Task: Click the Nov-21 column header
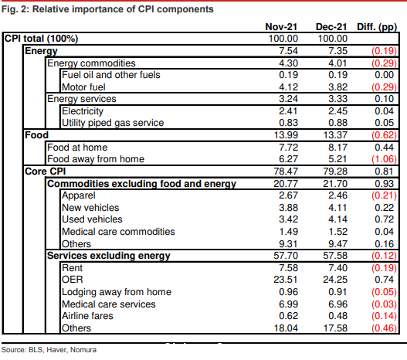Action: point(281,27)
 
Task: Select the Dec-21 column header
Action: point(331,27)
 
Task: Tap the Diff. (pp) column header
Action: point(377,27)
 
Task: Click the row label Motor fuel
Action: point(83,87)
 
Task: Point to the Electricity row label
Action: point(83,111)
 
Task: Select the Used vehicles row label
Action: point(92,219)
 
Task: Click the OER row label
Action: point(73,280)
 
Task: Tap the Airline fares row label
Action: point(87,316)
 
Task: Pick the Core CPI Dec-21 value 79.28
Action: point(335,172)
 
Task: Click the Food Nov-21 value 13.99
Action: point(286,135)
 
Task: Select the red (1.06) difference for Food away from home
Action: point(384,159)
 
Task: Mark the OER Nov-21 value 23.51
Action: point(286,280)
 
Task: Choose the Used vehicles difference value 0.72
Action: point(384,219)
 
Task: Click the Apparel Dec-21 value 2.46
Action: point(337,195)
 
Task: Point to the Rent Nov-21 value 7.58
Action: point(288,268)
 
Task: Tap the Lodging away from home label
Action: point(117,292)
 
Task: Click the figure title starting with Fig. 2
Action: point(107,9)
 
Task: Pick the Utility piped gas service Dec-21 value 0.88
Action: point(337,123)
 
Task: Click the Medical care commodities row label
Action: point(118,232)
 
